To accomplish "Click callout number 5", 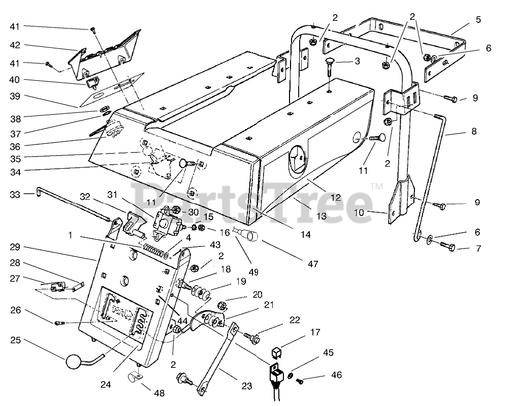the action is (x=478, y=20).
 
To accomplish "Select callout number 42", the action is (x=15, y=45).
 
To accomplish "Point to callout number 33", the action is (x=15, y=195).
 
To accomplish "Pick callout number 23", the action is (x=246, y=386).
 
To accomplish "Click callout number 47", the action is (x=313, y=264).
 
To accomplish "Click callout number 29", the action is (x=15, y=247).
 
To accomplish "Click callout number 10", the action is (x=359, y=212).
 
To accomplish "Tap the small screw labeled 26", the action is (x=59, y=323).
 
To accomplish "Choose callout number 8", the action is (x=474, y=131).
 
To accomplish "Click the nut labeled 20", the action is (x=222, y=306).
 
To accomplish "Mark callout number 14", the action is (x=306, y=235).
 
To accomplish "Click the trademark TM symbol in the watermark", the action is (x=376, y=186).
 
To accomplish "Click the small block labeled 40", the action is (x=92, y=84).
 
